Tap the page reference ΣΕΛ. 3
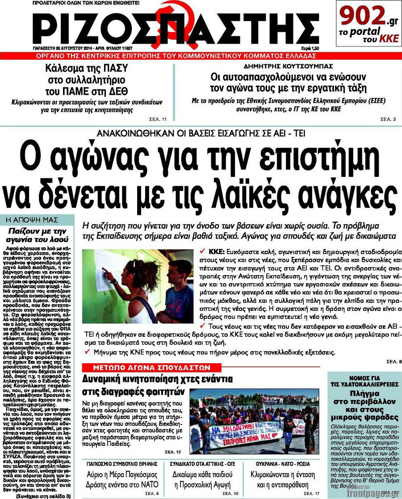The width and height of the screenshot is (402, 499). (x=387, y=119)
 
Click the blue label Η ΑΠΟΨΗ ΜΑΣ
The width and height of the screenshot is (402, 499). (x=38, y=220)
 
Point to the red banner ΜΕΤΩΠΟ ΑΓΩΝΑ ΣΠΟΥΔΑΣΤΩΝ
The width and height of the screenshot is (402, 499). (x=151, y=367)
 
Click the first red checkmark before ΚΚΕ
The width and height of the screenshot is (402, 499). (x=203, y=251)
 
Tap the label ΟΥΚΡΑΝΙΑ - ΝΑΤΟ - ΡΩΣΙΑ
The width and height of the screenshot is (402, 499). (x=282, y=463)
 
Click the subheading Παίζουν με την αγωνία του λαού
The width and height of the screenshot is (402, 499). (x=38, y=235)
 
